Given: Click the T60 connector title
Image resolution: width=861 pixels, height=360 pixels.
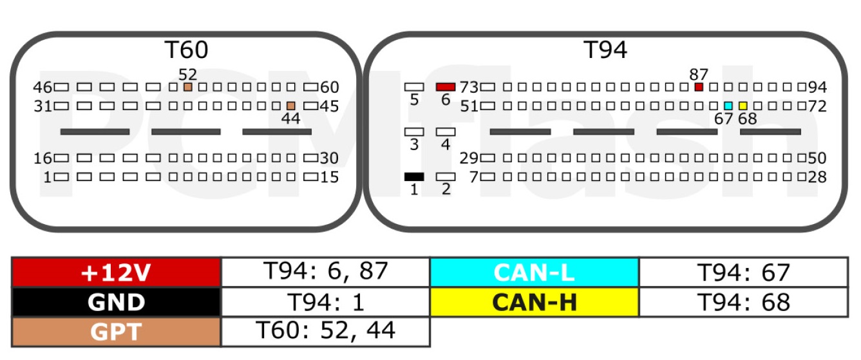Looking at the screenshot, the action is coord(186,50).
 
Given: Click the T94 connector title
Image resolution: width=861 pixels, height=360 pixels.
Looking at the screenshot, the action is coord(605,50).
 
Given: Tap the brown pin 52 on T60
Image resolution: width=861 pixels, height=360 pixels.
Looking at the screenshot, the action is coord(187,87).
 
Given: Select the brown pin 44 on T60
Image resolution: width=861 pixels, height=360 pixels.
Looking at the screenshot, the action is coord(291,106).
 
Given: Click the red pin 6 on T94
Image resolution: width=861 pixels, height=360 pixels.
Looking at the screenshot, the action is coord(446,87).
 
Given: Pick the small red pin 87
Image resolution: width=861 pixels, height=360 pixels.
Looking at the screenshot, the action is coord(699,87).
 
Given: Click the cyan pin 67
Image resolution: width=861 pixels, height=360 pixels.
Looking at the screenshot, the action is coord(728,106).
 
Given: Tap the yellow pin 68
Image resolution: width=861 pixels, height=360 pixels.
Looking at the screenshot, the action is coord(743,106).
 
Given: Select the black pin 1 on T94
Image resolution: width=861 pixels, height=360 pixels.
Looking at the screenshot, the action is coord(414,176).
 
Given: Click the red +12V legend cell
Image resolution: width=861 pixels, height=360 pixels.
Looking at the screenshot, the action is coord(117,272).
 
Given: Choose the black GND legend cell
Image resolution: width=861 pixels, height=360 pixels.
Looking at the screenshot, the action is coord(117,302).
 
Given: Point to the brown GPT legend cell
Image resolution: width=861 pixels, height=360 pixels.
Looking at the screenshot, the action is coord(117,332).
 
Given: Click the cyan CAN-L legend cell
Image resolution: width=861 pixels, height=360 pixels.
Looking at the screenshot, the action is coord(535,272).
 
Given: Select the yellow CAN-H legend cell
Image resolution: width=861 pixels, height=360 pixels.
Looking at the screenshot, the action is coord(535,302).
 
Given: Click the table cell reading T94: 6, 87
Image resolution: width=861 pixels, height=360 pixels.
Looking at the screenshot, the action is coord(326,272).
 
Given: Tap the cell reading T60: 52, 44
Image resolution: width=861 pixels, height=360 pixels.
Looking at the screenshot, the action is coord(326,332).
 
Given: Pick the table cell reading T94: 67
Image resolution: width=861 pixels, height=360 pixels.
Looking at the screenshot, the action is coord(743,272).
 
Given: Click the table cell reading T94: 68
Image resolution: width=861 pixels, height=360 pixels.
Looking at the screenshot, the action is coord(743,302).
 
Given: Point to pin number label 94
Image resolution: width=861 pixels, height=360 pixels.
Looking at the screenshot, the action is coord(818,87).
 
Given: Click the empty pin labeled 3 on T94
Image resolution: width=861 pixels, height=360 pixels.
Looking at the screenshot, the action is coord(414,132).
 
